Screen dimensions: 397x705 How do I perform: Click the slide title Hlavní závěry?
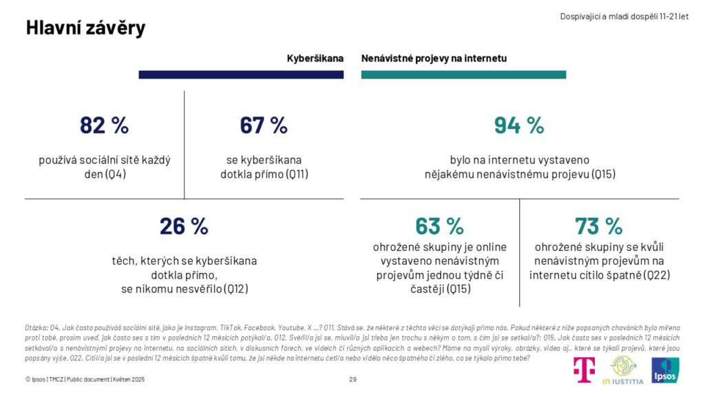85,28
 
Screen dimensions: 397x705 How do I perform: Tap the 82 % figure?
104,125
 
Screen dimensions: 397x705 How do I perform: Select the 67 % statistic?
264,125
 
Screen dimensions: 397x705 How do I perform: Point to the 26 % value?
184,226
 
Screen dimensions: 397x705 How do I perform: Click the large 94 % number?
519,125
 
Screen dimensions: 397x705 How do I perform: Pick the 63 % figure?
439,226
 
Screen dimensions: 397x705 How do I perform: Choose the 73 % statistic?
599,226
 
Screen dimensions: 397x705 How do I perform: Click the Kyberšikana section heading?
315,59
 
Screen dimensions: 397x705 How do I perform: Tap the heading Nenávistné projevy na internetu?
434,59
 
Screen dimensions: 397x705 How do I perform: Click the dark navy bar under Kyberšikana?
241,74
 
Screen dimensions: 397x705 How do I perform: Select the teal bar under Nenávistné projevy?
463,74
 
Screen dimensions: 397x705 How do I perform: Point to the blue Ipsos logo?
666,370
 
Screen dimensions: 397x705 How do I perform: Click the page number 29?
352,380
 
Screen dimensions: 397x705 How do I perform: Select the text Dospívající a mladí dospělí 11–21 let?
624,16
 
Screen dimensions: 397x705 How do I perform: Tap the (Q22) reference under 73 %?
657,276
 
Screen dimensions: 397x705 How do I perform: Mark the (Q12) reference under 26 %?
235,289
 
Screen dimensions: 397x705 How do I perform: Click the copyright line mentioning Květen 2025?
85,380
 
